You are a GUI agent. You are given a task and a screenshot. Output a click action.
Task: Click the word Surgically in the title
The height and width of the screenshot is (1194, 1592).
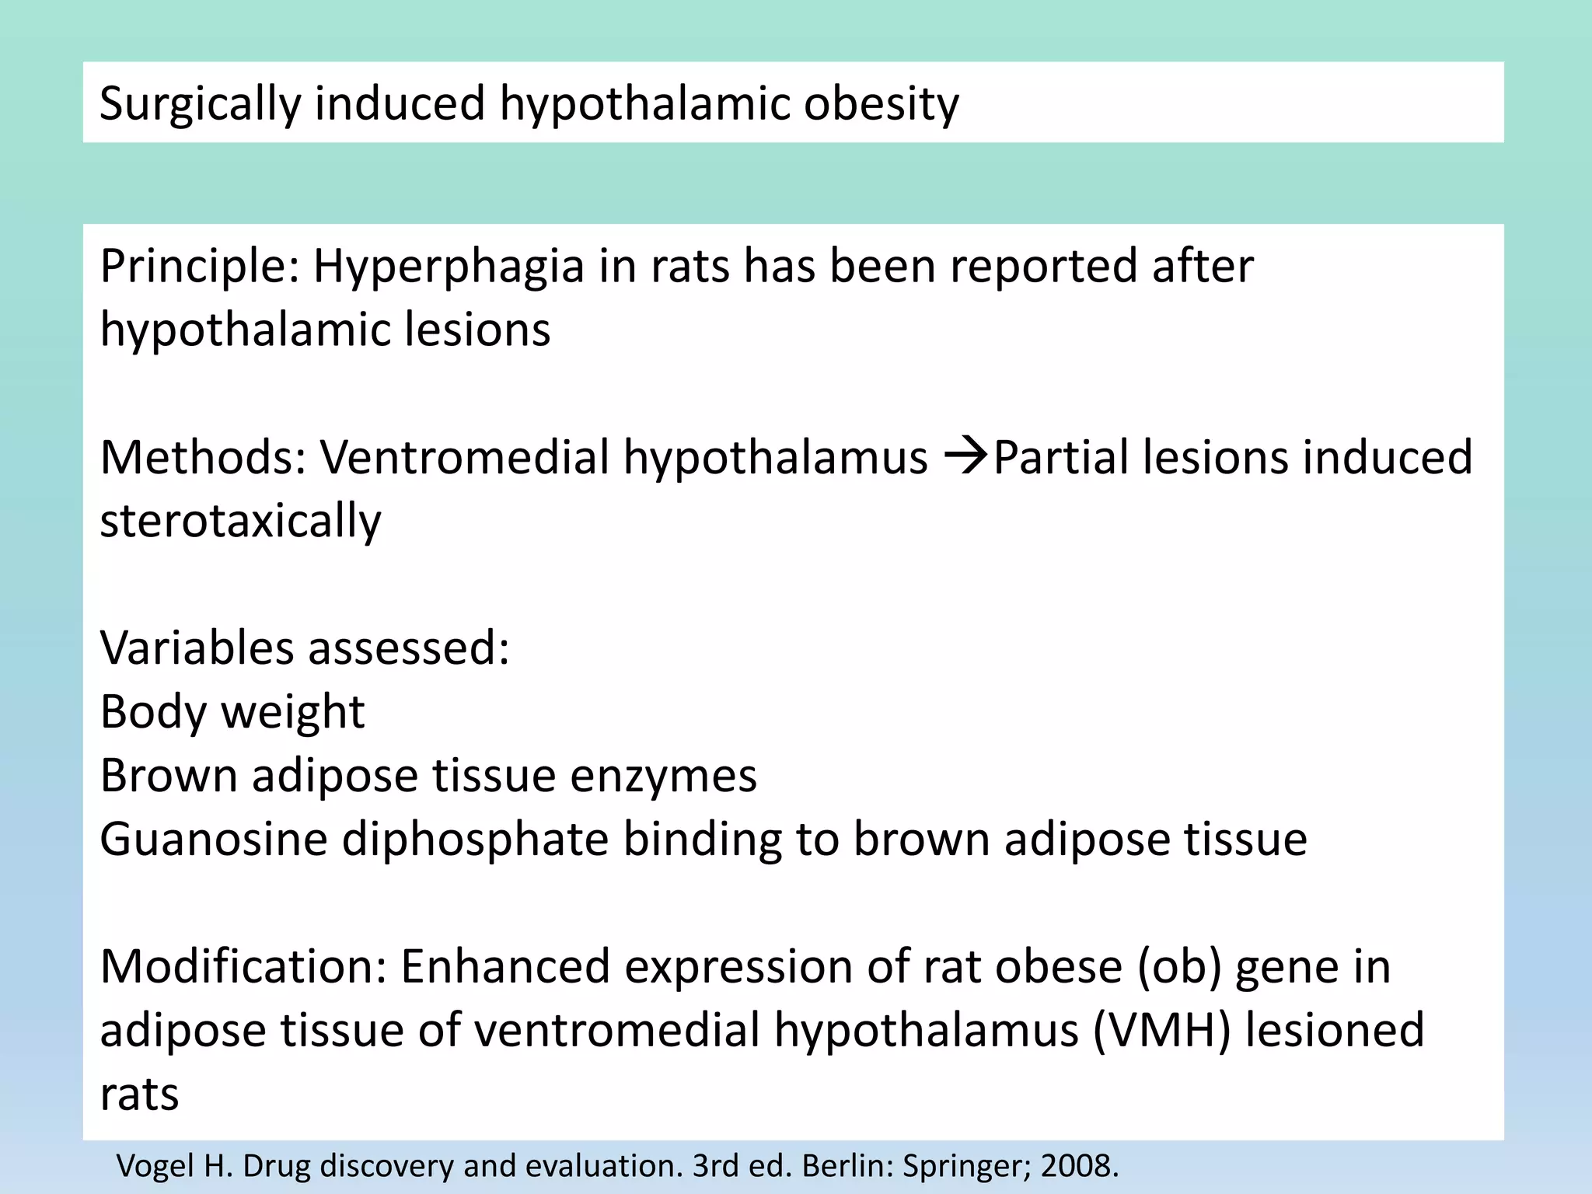tap(200, 103)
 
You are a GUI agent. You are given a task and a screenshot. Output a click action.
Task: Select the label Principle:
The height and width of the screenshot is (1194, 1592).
tap(200, 267)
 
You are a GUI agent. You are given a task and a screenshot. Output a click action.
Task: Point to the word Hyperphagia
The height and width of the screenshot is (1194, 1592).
tap(449, 267)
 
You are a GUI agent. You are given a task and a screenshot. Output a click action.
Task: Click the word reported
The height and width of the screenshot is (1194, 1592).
tap(1042, 267)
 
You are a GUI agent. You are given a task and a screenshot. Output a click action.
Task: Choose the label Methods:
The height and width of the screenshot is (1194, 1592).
tap(203, 457)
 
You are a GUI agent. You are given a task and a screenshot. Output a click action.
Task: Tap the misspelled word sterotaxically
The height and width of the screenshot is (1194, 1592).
tap(241, 521)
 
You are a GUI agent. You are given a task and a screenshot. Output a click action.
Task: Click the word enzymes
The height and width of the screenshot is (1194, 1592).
tap(663, 776)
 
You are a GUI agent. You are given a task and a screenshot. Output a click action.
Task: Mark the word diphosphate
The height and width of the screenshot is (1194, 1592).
tap(475, 840)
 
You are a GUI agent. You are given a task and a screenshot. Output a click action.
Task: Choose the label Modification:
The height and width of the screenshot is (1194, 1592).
tap(243, 966)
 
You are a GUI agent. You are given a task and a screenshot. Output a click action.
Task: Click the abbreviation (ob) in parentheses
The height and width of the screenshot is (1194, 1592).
tap(1179, 966)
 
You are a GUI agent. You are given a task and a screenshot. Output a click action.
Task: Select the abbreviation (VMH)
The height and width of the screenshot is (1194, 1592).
tap(1161, 1031)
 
